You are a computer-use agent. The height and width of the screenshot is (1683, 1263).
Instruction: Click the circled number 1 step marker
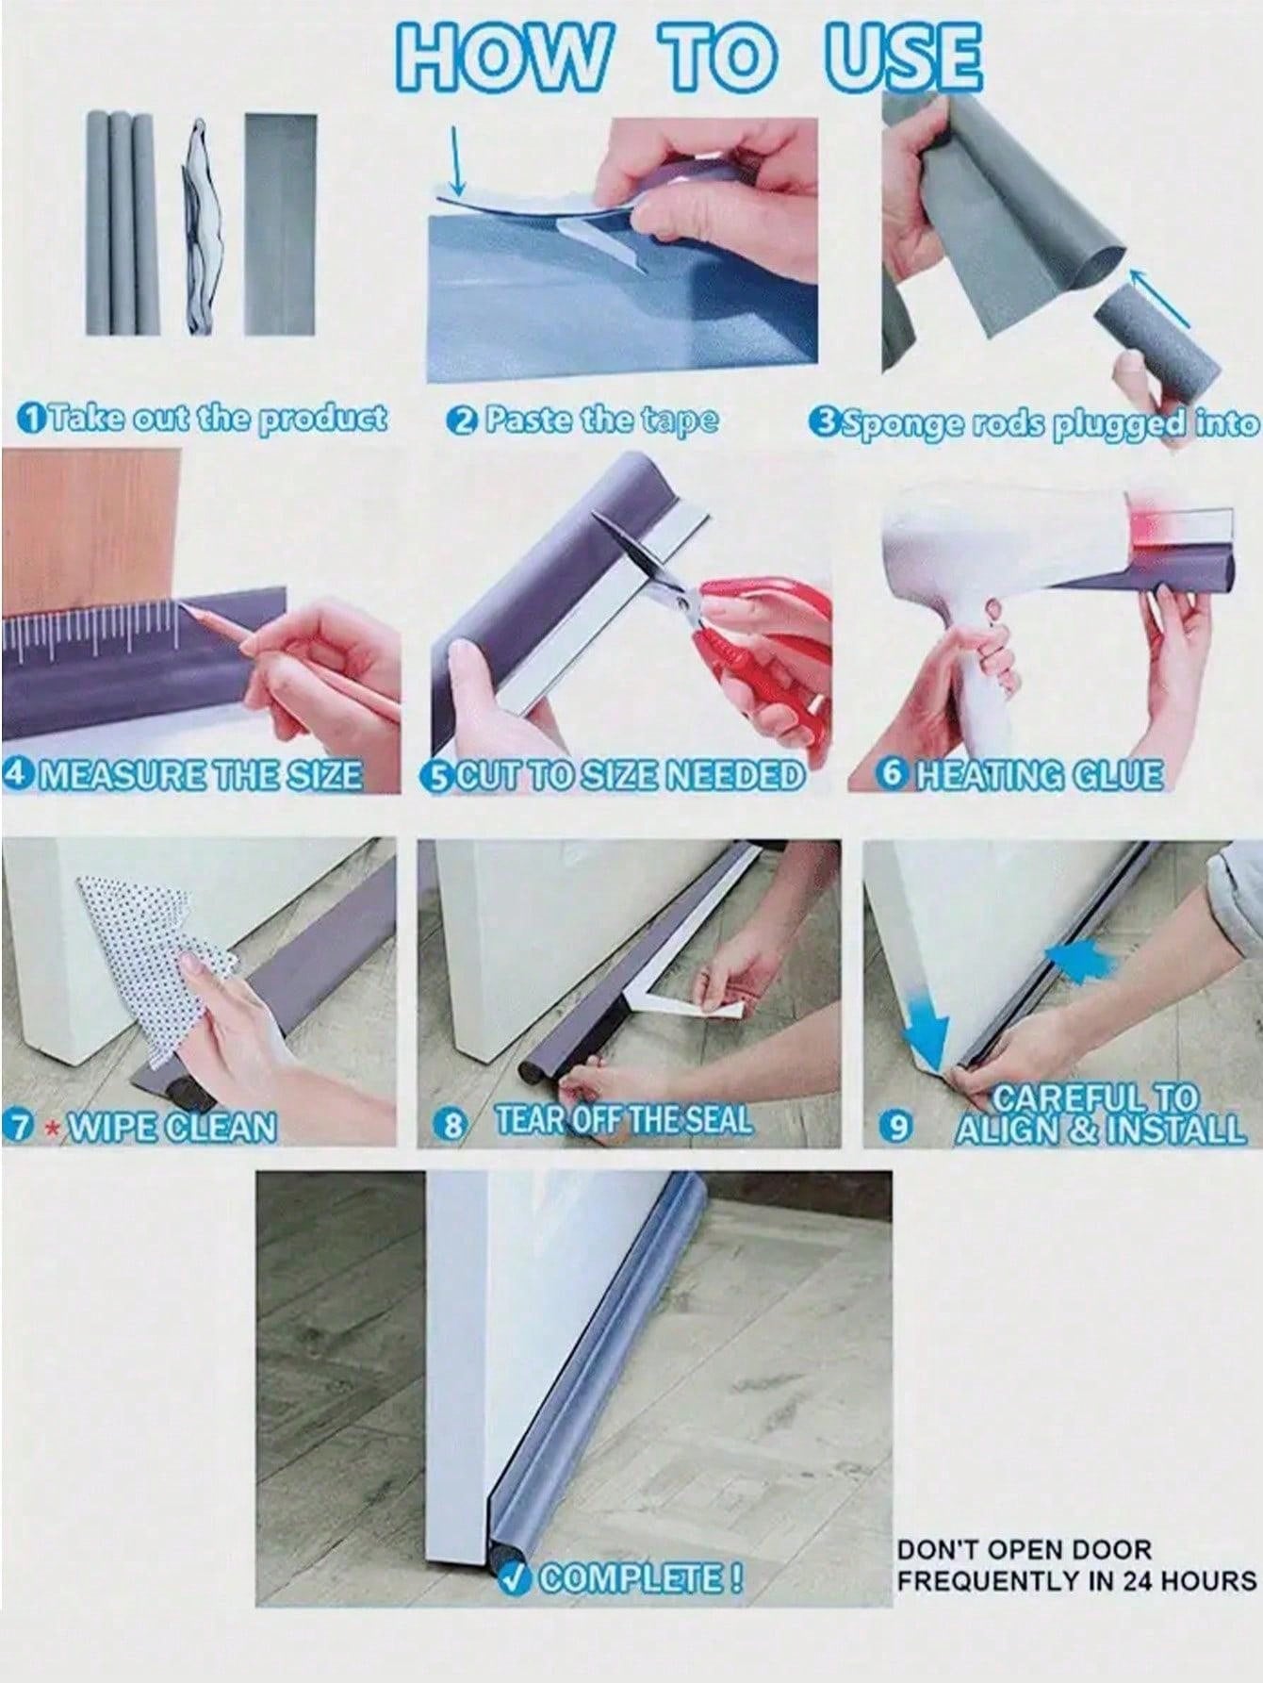[31, 417]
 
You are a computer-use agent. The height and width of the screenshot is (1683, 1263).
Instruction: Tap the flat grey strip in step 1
[281, 224]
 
